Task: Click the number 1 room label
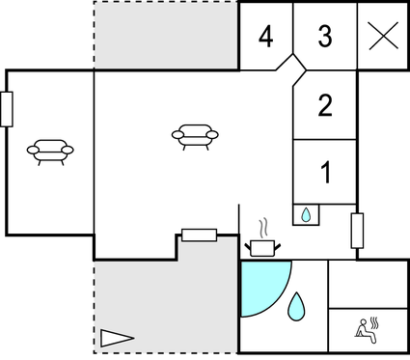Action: click(x=325, y=174)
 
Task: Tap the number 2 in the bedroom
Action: click(x=325, y=105)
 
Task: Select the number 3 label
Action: click(x=325, y=38)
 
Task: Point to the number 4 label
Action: click(x=265, y=38)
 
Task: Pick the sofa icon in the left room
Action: click(x=50, y=150)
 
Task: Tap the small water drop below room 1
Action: click(x=306, y=214)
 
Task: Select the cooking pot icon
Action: click(x=261, y=247)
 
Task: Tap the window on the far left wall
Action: click(x=7, y=109)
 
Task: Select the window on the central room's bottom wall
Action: click(x=199, y=235)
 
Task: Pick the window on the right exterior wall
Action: click(x=357, y=231)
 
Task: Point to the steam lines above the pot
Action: click(x=262, y=228)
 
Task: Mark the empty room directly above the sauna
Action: click(x=368, y=284)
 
